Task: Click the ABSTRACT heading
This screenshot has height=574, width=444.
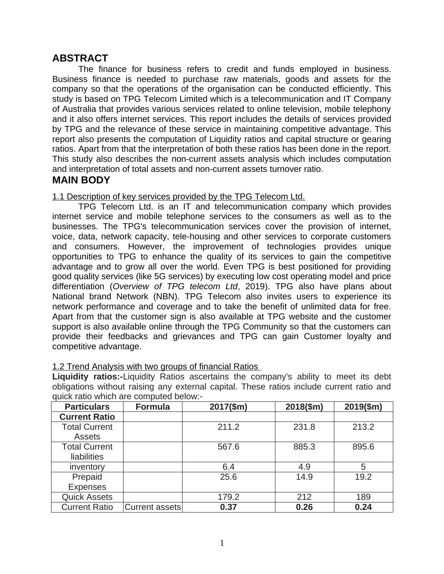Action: (x=80, y=58)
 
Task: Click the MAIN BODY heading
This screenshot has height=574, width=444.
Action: (x=81, y=180)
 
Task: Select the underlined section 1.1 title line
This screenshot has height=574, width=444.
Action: (x=178, y=196)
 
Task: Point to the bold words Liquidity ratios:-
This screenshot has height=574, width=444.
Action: (x=87, y=376)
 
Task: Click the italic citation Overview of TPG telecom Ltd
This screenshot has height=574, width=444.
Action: (x=175, y=287)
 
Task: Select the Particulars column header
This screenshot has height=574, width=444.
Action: (x=87, y=407)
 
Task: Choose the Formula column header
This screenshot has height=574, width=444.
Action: (x=153, y=407)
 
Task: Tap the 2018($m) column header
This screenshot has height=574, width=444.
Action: (x=304, y=407)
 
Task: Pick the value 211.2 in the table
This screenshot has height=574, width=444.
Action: (x=228, y=427)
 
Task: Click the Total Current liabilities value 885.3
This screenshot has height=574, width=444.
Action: (x=304, y=447)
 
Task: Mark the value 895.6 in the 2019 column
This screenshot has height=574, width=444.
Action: (x=363, y=447)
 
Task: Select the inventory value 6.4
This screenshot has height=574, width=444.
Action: (x=228, y=467)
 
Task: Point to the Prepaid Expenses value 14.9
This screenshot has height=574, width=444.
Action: (x=304, y=477)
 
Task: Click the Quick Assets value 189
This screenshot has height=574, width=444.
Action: (x=363, y=497)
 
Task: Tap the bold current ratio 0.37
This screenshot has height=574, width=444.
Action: (x=228, y=507)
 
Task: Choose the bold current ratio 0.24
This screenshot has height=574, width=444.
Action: (x=363, y=507)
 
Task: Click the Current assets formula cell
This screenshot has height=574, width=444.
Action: (x=153, y=507)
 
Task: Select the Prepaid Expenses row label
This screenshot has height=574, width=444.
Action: (x=87, y=482)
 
